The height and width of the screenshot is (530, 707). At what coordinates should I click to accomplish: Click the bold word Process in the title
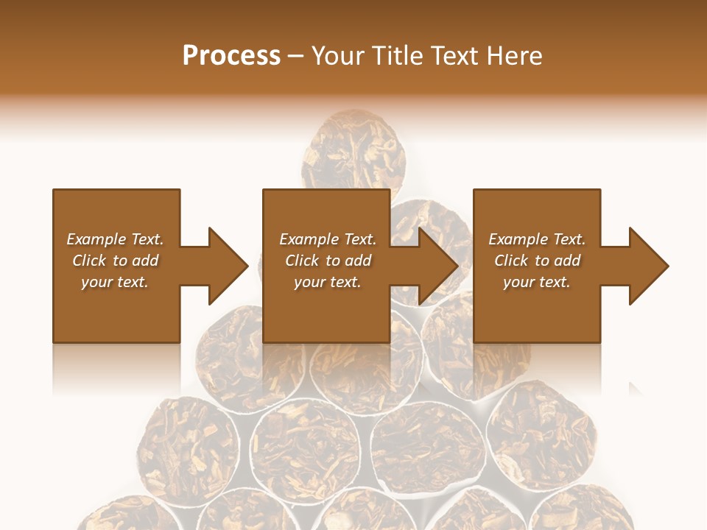click(x=231, y=56)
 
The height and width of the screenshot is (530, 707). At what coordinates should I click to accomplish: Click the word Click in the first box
click(x=89, y=261)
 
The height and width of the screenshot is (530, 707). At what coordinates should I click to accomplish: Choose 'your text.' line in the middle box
click(x=327, y=282)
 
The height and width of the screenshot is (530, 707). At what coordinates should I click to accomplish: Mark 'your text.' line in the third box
click(x=536, y=282)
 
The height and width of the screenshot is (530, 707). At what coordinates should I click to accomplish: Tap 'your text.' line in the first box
click(x=114, y=282)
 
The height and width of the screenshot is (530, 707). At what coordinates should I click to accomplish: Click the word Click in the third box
click(x=511, y=261)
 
